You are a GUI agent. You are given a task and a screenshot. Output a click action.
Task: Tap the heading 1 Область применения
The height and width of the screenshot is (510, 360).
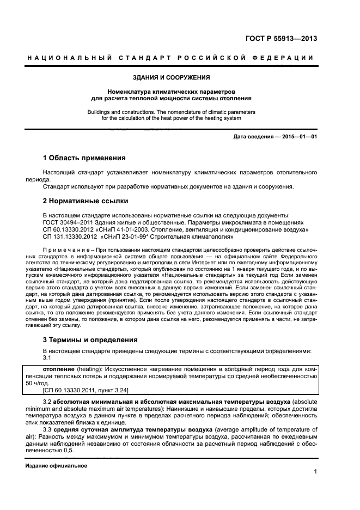pyautogui.click(x=84, y=158)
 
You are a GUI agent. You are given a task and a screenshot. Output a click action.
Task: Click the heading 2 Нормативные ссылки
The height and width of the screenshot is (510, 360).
pyautogui.click(x=81, y=201)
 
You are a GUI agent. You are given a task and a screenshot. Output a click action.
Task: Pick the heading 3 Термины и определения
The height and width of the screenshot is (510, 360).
pyautogui.click(x=90, y=339)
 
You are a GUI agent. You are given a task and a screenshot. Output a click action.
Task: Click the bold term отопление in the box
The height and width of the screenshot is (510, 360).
pyautogui.click(x=59, y=369)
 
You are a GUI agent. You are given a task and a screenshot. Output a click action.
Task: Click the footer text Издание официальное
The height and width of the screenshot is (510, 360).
pyautogui.click(x=56, y=466)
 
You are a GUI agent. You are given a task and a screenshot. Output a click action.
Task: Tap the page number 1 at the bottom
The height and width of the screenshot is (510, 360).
pyautogui.click(x=315, y=472)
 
